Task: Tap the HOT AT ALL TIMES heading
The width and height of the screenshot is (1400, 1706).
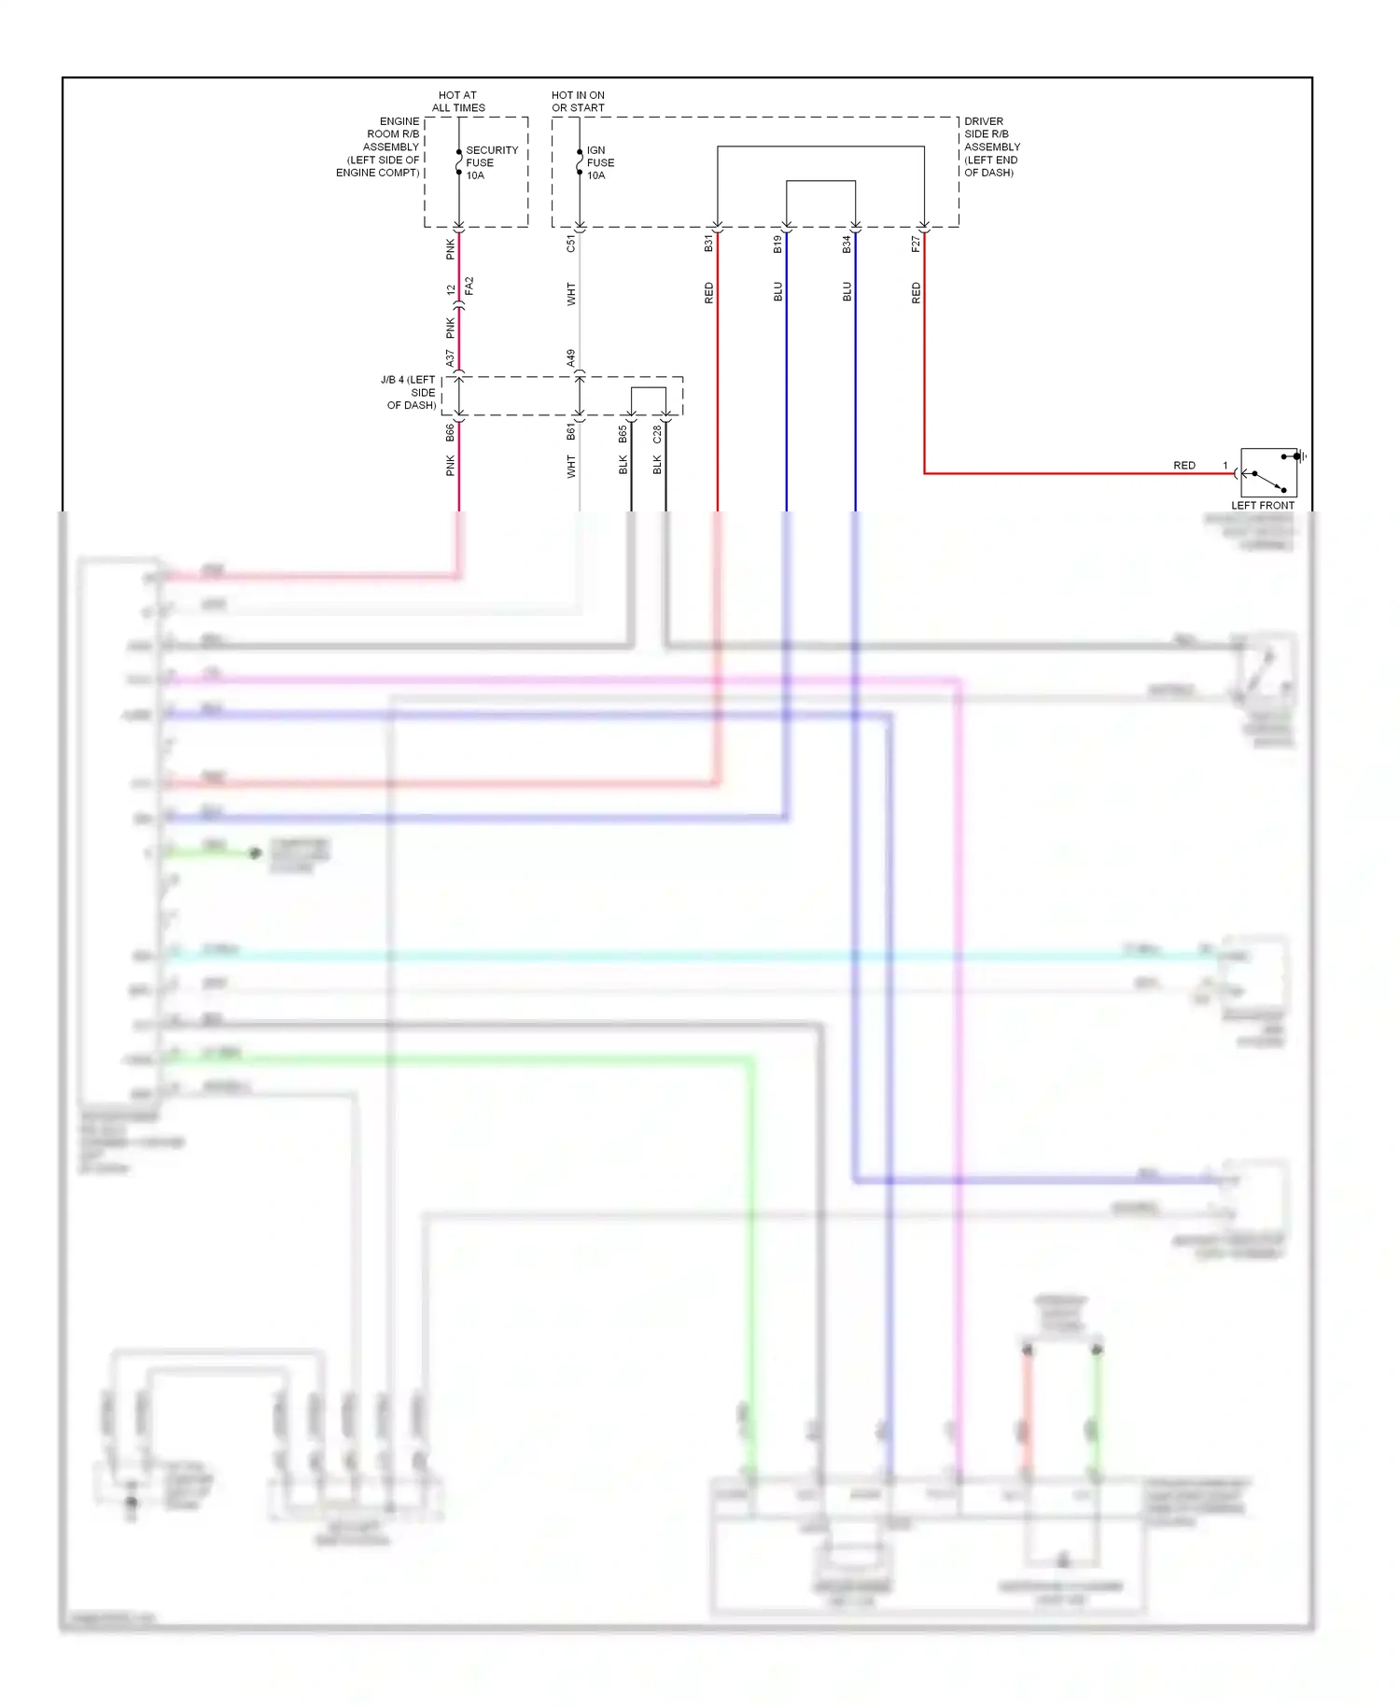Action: pyautogui.click(x=458, y=101)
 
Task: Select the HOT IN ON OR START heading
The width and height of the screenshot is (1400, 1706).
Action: pyautogui.click(x=578, y=101)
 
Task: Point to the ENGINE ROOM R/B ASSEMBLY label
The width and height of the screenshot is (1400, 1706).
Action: pyautogui.click(x=379, y=147)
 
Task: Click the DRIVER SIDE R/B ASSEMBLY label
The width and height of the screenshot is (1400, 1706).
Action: pyautogui.click(x=991, y=147)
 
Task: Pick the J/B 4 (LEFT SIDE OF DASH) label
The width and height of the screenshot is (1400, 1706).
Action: pyautogui.click(x=410, y=392)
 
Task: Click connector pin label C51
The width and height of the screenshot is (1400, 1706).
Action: pyautogui.click(x=571, y=245)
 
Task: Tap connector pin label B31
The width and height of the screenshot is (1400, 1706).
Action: pyautogui.click(x=708, y=245)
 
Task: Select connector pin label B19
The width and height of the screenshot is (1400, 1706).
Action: pyautogui.click(x=777, y=245)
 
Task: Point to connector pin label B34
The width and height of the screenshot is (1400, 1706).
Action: pyautogui.click(x=847, y=245)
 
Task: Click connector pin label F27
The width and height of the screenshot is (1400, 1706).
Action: pyautogui.click(x=916, y=245)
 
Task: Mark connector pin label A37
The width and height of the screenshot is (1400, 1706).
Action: pyautogui.click(x=450, y=358)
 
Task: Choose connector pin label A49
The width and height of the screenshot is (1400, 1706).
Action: pyautogui.click(x=570, y=358)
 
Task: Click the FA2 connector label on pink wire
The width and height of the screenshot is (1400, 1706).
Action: pyautogui.click(x=469, y=286)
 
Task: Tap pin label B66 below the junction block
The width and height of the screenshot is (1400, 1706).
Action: pyautogui.click(x=450, y=432)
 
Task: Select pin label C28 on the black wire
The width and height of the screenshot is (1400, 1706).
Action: pyautogui.click(x=657, y=434)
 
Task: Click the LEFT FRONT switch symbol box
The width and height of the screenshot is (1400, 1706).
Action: pyautogui.click(x=1268, y=472)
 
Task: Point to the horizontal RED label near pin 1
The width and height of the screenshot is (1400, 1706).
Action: pyautogui.click(x=1183, y=465)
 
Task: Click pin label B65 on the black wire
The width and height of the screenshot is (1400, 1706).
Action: pyautogui.click(x=623, y=434)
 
